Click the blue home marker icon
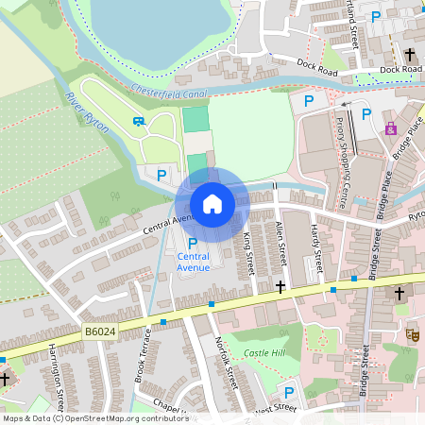212,204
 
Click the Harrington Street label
59,373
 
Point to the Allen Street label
280,243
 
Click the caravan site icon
140,121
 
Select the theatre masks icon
412,334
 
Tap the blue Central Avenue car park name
194,262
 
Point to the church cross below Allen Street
280,285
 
